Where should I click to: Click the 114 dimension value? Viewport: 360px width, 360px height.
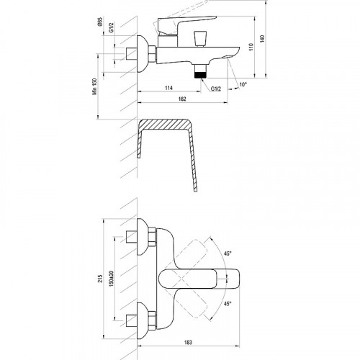point(168,88)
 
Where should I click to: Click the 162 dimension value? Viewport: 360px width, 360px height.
point(182,99)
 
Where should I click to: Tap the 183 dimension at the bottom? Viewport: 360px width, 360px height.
point(189,342)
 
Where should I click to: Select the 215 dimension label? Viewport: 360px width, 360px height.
point(100,279)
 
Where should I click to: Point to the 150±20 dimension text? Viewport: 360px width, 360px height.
point(111,279)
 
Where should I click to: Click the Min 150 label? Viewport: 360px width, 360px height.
point(94,86)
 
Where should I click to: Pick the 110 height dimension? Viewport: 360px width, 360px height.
point(251,47)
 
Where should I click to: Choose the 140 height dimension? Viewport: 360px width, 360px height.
point(262,39)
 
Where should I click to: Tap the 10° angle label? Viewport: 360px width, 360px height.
point(243,84)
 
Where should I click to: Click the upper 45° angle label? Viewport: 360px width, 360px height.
point(228,253)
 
